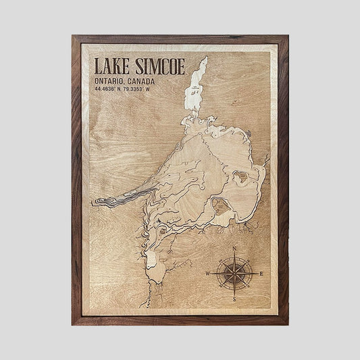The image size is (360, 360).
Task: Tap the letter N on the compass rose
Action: point(234,250)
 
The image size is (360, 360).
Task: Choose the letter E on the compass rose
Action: point(261,273)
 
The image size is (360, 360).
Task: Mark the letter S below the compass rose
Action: point(234,298)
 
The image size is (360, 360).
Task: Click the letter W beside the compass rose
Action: point(208,274)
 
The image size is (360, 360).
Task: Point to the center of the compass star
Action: point(234,274)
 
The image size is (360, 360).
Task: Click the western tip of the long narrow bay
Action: point(97,201)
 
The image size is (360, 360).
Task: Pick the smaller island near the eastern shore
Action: point(240,178)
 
